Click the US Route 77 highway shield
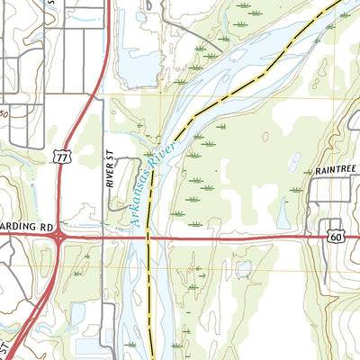(61, 157)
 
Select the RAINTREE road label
(336, 169)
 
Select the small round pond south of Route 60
(243, 267)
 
